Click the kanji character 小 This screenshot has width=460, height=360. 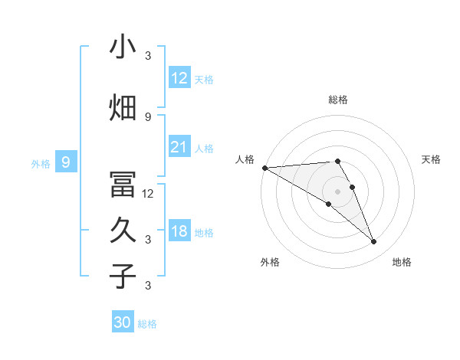click(123, 47)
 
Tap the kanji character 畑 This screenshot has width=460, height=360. click(123, 108)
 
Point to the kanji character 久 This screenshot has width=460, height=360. click(123, 231)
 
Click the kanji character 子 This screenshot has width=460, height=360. click(123, 277)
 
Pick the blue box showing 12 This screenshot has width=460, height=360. click(179, 78)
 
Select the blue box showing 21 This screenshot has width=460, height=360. click(179, 147)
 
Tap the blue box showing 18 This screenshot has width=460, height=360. click(179, 231)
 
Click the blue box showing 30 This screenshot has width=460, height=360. click(123, 322)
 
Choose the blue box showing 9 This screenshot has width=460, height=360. click(66, 162)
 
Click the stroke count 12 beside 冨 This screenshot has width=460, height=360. click(148, 194)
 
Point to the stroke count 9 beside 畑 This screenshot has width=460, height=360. click(148, 116)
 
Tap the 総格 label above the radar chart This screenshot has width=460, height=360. click(338, 100)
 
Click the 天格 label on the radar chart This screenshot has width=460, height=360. click(432, 159)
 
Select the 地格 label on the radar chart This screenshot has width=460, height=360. click(402, 263)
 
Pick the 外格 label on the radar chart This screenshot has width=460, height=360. click(269, 263)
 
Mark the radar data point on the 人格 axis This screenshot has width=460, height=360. click(264, 168)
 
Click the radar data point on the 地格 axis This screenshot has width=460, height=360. click(374, 242)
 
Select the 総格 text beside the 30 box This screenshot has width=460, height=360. click(148, 324)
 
